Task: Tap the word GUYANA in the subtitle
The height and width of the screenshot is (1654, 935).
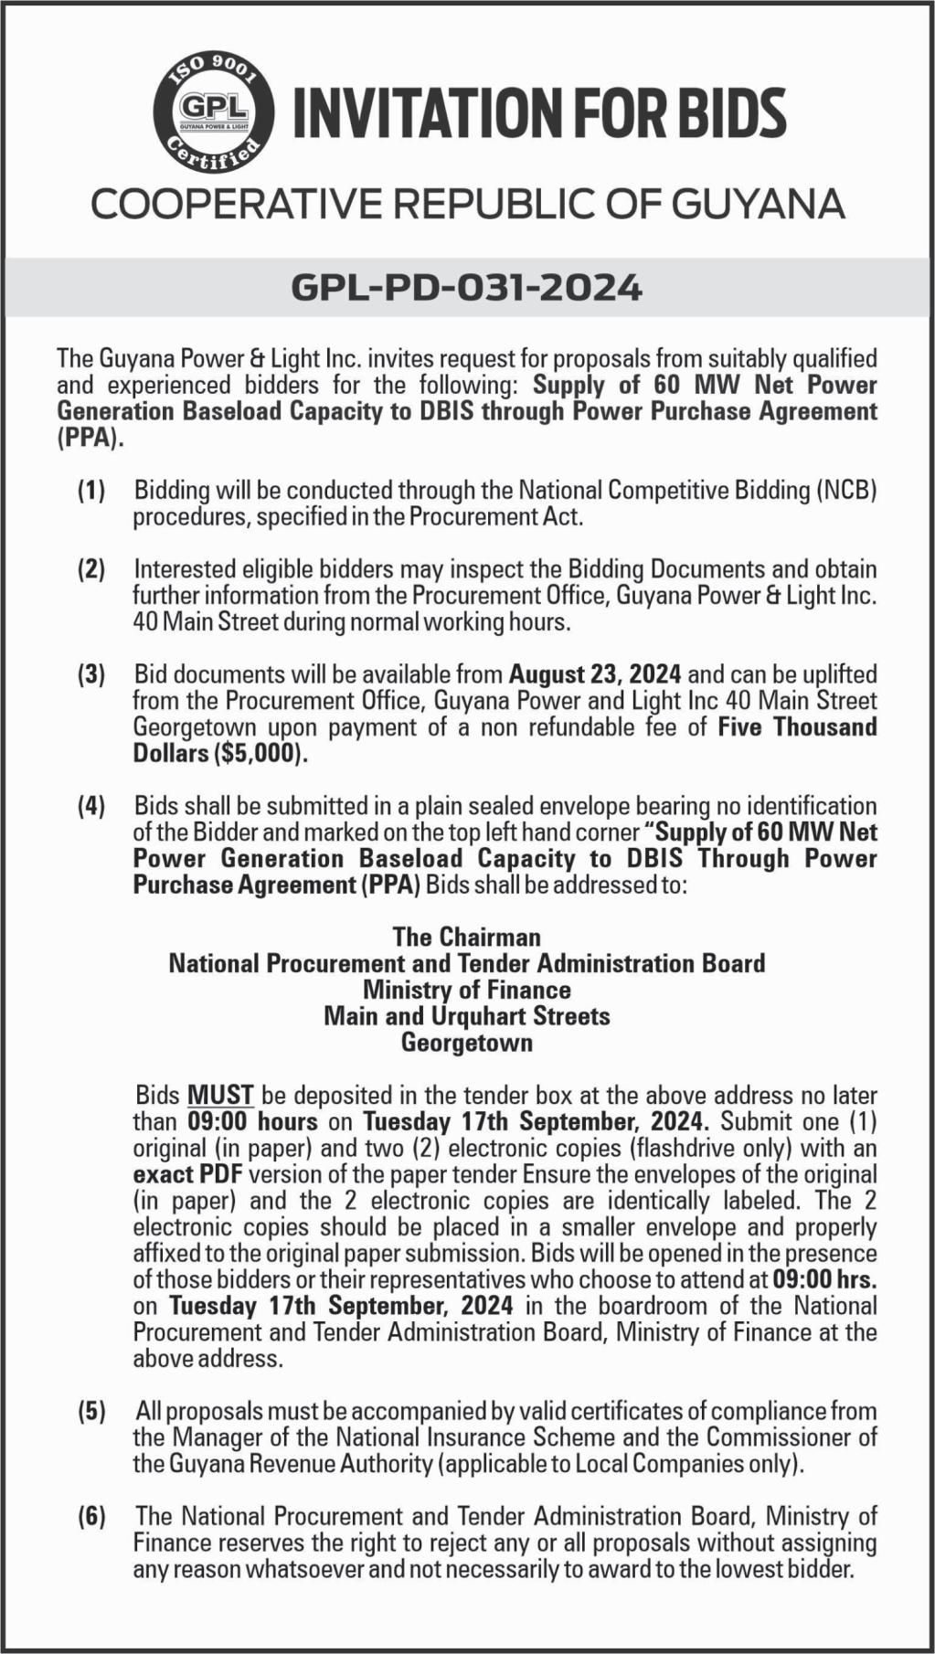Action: (759, 204)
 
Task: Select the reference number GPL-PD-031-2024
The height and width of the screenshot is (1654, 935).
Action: (467, 288)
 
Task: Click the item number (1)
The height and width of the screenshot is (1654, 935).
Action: (91, 491)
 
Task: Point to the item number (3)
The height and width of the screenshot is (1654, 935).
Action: (91, 675)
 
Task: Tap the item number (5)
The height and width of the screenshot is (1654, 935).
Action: (91, 1411)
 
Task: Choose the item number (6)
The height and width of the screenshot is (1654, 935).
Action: (91, 1517)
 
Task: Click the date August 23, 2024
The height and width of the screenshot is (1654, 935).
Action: (595, 675)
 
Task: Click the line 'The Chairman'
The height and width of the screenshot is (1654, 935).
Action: (467, 937)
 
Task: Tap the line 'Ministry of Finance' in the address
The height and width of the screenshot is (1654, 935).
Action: (467, 990)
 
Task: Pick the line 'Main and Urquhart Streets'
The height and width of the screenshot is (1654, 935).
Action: (467, 1016)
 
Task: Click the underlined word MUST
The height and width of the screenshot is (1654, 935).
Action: (220, 1095)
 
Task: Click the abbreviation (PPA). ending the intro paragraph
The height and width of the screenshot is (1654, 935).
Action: (90, 438)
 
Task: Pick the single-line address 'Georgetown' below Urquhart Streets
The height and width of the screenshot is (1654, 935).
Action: (467, 1043)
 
